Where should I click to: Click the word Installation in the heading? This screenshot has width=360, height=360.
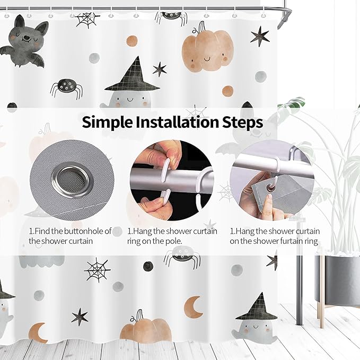177,122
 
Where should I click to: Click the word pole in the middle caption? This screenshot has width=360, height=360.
174,242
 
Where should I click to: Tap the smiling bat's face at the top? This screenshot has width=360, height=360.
25,36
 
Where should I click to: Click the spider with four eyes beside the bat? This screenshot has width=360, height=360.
66,89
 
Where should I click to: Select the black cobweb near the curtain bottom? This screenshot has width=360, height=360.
98,269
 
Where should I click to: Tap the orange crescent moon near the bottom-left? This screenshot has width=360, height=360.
38,333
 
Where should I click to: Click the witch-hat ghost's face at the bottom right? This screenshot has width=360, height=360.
256,330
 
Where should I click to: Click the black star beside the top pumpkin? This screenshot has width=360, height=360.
260,36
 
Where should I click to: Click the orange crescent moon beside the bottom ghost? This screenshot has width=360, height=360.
194,307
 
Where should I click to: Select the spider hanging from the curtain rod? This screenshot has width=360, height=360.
171,17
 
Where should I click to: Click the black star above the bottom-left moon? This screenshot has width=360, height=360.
80,317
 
